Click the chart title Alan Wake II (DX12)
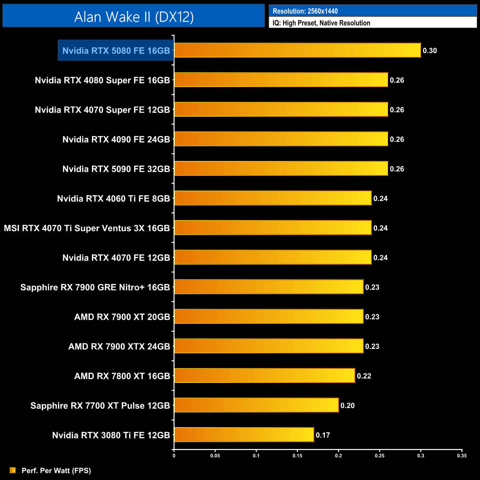click(x=134, y=17)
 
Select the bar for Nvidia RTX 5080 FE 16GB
click(x=297, y=50)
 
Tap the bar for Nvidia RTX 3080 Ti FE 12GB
click(x=244, y=435)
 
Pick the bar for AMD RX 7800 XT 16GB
click(x=264, y=376)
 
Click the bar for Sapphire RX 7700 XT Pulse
click(x=256, y=405)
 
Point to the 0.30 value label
click(x=430, y=51)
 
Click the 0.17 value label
click(x=323, y=435)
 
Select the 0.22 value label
click(x=364, y=376)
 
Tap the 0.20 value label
click(x=347, y=405)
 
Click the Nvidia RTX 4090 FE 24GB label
click(x=116, y=139)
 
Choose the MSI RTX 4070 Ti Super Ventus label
click(x=87, y=228)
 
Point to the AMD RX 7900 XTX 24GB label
click(x=119, y=346)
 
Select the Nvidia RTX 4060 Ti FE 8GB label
click(x=113, y=199)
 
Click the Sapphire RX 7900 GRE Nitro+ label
click(x=95, y=287)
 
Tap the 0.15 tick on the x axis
click(x=297, y=456)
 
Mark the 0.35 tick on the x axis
click(x=462, y=456)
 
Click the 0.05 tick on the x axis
click(x=215, y=456)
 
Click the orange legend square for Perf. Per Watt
click(x=13, y=470)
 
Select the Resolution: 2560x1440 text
click(x=305, y=11)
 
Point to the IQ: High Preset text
click(x=321, y=23)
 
